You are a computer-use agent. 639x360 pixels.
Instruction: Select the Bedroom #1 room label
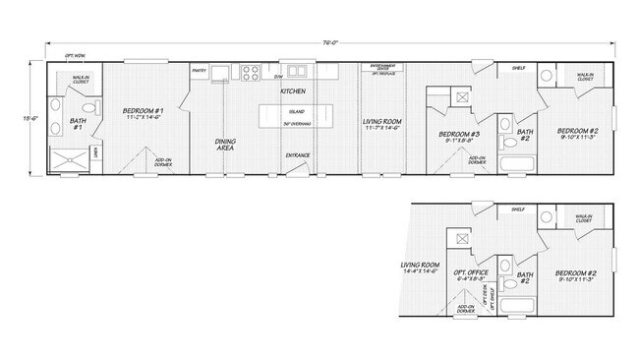coord(144,114)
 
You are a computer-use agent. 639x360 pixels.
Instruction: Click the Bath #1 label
coord(79,124)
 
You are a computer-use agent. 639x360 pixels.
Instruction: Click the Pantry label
coord(198,71)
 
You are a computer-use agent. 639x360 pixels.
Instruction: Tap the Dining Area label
coord(225,145)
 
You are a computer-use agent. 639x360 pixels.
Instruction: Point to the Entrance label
coord(298,154)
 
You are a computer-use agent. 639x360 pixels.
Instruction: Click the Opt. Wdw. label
coord(74,56)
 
